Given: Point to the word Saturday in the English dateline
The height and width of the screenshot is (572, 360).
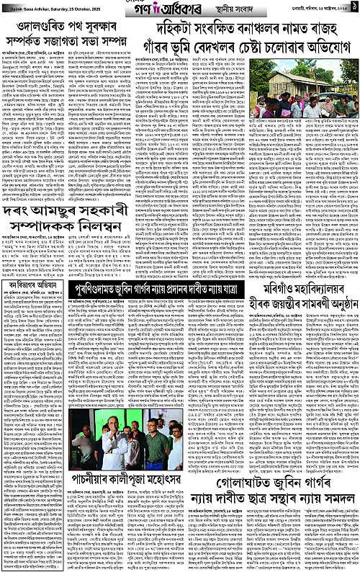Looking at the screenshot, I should (48, 17).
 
